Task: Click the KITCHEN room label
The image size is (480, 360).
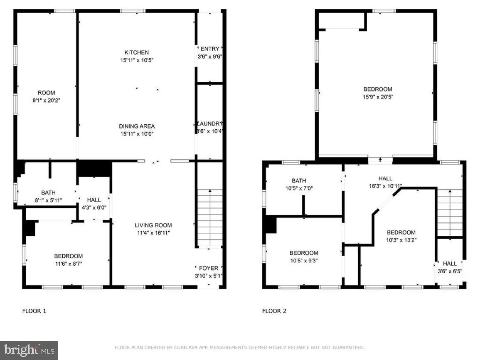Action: click(136, 52)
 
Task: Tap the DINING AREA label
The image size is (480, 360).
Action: click(137, 126)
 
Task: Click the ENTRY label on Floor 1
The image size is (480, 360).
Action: click(209, 49)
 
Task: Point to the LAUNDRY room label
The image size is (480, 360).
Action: click(210, 124)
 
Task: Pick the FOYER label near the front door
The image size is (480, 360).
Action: click(209, 268)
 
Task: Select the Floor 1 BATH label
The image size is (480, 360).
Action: click(48, 193)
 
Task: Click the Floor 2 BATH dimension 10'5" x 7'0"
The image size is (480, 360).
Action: click(299, 188)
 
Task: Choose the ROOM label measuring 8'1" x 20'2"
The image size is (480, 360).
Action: click(46, 93)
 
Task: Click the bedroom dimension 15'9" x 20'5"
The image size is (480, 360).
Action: click(377, 97)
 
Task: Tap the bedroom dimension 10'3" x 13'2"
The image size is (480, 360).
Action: click(401, 240)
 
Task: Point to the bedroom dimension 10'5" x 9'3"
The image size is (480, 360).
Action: click(304, 261)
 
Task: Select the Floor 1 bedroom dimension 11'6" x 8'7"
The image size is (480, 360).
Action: click(68, 264)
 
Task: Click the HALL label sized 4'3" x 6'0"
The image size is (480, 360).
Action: click(94, 200)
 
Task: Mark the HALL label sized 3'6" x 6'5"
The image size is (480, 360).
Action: click(450, 264)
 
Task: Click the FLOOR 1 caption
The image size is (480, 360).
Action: click(34, 311)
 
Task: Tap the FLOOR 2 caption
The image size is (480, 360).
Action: click(274, 311)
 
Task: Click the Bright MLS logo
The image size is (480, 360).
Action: click(29, 350)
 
